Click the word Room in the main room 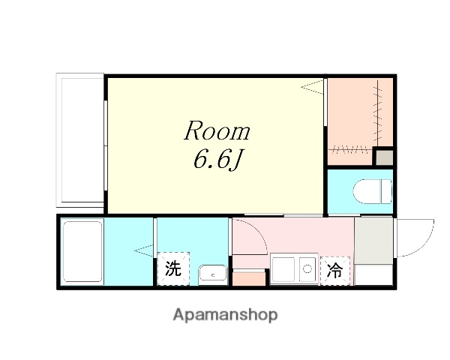click(x=217, y=132)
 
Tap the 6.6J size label click(x=217, y=160)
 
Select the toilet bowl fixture click(x=379, y=191)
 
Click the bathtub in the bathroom click(x=81, y=251)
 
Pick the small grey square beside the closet click(x=383, y=157)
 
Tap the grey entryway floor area click(x=373, y=241)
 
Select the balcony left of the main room click(x=80, y=140)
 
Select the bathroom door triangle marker click(x=142, y=250)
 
